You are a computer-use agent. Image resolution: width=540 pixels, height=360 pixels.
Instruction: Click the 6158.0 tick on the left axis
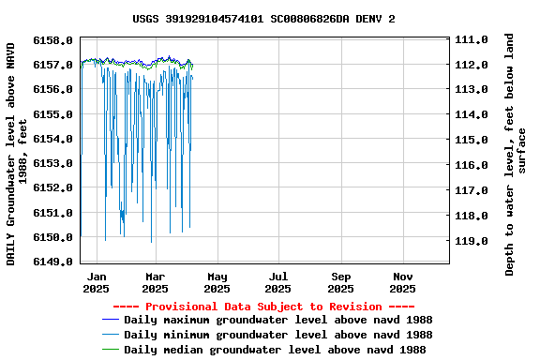pos(52,40)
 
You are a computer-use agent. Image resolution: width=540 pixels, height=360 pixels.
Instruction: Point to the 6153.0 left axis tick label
pos(52,163)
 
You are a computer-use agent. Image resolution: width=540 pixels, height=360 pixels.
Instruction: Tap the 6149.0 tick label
pos(52,262)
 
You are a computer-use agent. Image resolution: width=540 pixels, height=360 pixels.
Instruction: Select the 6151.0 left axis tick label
pos(52,213)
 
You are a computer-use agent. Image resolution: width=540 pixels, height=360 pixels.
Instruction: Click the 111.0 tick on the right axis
pos(471,40)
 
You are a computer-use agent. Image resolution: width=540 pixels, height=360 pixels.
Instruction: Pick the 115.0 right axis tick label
pos(471,140)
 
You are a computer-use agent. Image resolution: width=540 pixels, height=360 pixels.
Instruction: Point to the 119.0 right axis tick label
pos(471,241)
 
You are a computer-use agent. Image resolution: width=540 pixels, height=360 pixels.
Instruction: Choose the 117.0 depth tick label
pos(471,190)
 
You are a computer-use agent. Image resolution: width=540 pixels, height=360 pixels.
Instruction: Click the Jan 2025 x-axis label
pos(96,283)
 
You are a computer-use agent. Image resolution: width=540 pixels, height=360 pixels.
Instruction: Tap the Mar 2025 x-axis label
pos(156,283)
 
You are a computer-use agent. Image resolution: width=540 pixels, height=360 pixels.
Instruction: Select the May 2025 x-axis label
pos(217,283)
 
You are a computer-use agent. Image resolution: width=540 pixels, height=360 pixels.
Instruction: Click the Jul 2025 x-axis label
pos(278,283)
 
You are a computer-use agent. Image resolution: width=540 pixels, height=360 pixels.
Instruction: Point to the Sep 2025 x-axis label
pos(341,283)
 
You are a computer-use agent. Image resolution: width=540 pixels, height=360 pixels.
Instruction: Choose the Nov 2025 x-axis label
pos(403,283)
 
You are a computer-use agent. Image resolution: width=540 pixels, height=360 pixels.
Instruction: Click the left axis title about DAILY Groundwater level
pos(16,152)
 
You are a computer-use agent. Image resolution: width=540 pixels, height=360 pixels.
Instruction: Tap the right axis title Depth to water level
pos(516,155)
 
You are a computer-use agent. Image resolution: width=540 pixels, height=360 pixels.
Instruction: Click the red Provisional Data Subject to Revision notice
pos(263,307)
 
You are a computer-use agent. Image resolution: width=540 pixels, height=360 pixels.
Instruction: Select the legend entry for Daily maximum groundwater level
pos(277,321)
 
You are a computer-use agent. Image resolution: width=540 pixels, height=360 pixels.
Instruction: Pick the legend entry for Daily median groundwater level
pos(275,350)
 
